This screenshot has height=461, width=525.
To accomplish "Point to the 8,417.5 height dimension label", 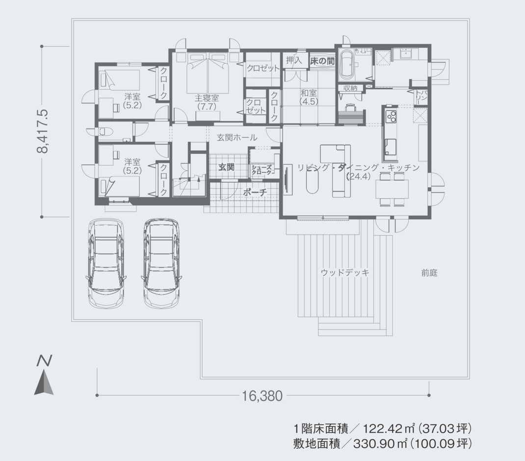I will pyautogui.click(x=44, y=131).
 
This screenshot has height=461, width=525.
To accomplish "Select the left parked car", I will pyautogui.click(x=106, y=263).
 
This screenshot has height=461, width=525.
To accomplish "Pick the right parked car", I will pyautogui.click(x=161, y=263).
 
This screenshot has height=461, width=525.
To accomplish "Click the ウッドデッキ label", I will pyautogui.click(x=344, y=272).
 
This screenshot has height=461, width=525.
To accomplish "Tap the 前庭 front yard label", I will pyautogui.click(x=428, y=273).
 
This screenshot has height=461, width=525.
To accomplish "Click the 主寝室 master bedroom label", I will pyautogui.click(x=208, y=98).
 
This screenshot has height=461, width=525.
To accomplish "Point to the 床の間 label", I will pyautogui.click(x=322, y=61).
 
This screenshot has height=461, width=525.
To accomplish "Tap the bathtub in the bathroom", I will pyautogui.click(x=347, y=64).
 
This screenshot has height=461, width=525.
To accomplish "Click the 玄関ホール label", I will pyautogui.click(x=237, y=138).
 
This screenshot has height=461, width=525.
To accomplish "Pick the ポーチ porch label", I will pyautogui.click(x=254, y=193).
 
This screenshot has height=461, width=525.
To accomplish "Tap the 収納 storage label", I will pyautogui.click(x=350, y=88).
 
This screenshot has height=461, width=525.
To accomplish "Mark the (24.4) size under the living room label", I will pyautogui.click(x=358, y=177).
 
